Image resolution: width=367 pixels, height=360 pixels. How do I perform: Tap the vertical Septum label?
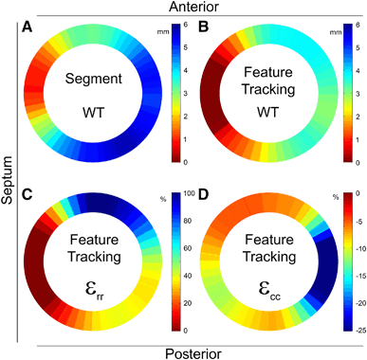pos(9,180)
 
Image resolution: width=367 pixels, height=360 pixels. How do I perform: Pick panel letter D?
pos(203,196)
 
